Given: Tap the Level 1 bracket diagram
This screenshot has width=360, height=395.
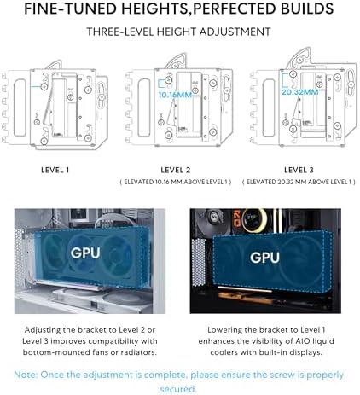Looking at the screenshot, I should [x=60, y=102].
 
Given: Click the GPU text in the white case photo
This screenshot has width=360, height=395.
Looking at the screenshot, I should [x=85, y=253].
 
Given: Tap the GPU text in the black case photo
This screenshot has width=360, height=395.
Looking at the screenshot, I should [x=264, y=256].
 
